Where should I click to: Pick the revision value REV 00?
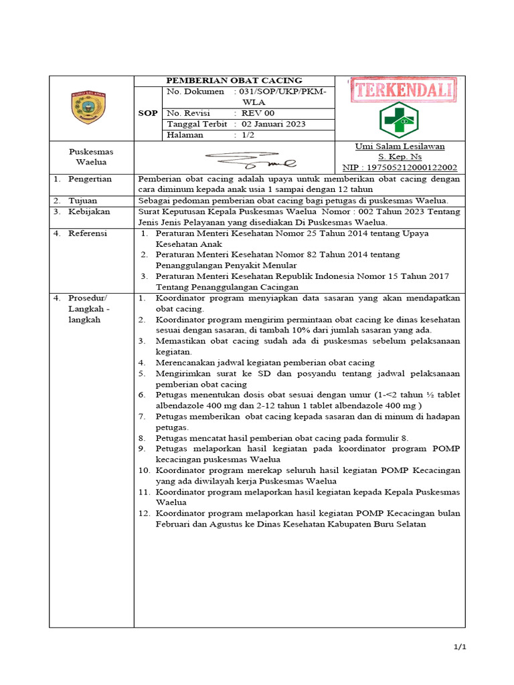(x=258, y=113)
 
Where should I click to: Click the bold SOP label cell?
(x=147, y=113)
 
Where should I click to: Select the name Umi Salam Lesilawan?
(x=400, y=146)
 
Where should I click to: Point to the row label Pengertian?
(x=90, y=179)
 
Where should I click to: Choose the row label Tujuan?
(x=83, y=200)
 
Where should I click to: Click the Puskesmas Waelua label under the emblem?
(x=91, y=157)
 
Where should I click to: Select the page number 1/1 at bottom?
(x=458, y=647)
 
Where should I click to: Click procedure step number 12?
(x=145, y=513)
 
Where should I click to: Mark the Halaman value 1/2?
(x=248, y=134)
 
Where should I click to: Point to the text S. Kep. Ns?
(x=400, y=157)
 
